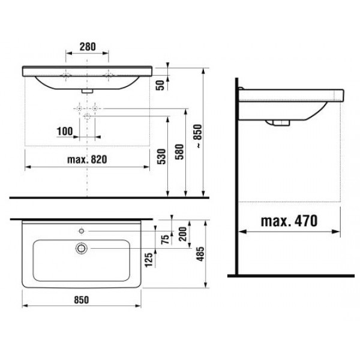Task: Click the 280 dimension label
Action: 88,47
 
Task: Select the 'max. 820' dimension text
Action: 87,160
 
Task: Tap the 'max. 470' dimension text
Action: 289,221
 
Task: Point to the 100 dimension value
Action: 65,131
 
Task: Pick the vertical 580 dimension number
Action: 179,152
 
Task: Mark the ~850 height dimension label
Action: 197,136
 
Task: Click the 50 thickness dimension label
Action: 160,85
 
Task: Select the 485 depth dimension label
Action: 200,254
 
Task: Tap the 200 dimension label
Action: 183,234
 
